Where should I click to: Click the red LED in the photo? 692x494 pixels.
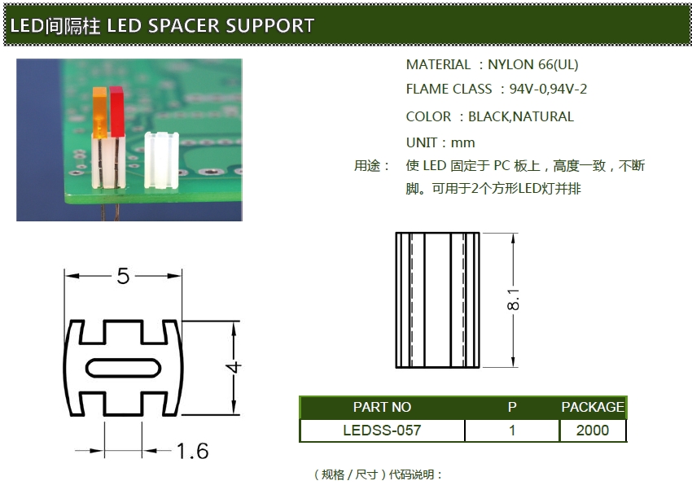tap(116, 111)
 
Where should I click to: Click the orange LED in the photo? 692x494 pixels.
tap(99, 114)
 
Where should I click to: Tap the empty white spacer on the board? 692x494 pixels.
tap(160, 160)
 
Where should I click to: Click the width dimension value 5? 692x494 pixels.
tap(123, 277)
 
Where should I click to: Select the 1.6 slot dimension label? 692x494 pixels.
tap(192, 450)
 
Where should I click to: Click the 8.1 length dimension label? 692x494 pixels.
tap(514, 300)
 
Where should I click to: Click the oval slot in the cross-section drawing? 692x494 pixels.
tap(123, 368)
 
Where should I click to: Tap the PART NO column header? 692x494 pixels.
tap(382, 407)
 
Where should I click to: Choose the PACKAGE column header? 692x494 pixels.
tap(592, 407)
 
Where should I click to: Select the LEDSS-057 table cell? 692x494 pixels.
tap(382, 431)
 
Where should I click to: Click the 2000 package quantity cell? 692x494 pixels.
tap(592, 431)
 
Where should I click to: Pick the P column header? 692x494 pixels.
tap(512, 407)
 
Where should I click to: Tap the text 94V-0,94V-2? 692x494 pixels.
tap(548, 89)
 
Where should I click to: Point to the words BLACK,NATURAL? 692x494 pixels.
tap(521, 116)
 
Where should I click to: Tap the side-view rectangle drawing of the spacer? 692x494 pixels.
tap(437, 300)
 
